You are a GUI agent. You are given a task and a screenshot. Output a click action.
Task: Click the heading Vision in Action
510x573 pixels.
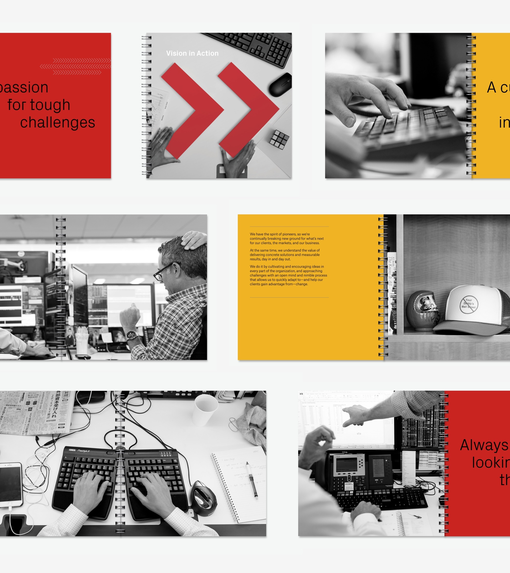192,53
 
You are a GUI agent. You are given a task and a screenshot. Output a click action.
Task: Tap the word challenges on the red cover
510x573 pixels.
58,123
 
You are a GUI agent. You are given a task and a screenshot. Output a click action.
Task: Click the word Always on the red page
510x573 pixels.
484,445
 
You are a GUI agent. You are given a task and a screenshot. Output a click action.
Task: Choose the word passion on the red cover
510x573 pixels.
24,87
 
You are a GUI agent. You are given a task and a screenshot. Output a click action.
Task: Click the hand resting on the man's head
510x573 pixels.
194,240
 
